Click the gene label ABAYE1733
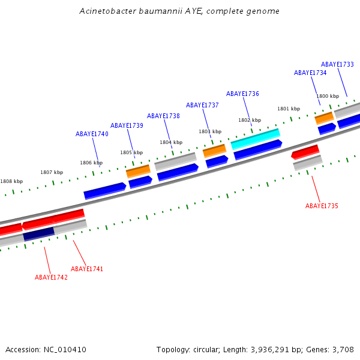tap(337, 64)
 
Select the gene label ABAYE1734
tap(310, 73)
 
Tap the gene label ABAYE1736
tap(242, 94)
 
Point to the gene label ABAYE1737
tap(202, 105)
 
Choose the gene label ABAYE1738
tap(163, 116)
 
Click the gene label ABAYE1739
tap(127, 125)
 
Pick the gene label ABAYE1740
tap(92, 134)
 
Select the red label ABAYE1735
tap(322, 206)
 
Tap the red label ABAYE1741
tap(87, 269)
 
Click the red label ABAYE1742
tap(51, 277)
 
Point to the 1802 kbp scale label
tap(249, 120)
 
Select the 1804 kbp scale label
tap(170, 142)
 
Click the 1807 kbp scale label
tap(52, 172)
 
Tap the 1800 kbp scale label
tap(328, 96)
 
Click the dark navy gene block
tap(39, 233)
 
